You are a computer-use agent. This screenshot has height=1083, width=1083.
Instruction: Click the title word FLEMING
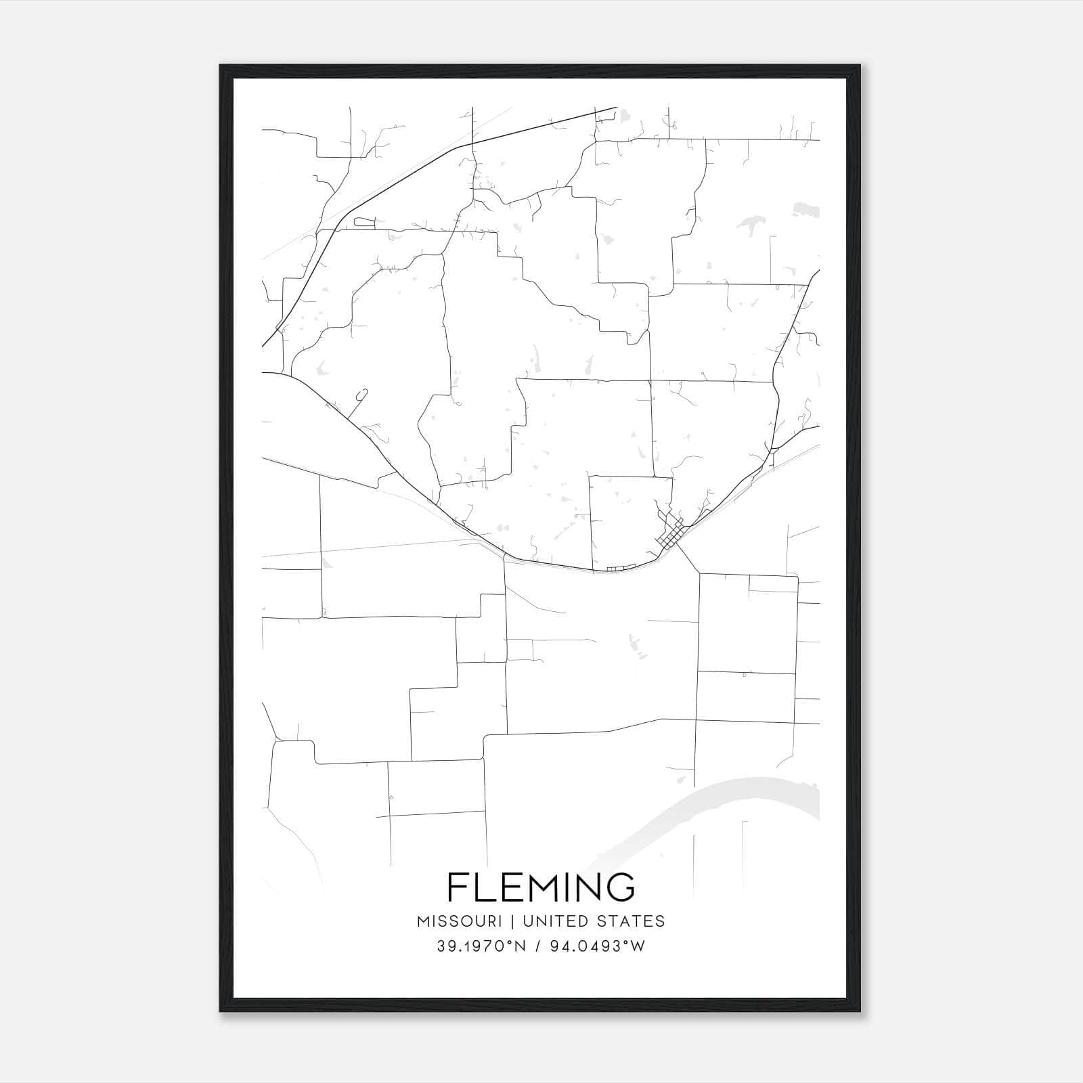click(541, 887)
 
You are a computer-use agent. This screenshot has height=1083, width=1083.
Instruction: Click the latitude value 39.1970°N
click(481, 946)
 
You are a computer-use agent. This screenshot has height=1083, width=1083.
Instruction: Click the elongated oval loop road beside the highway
click(364, 221)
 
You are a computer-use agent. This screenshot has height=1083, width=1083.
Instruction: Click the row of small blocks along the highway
click(621, 569)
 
